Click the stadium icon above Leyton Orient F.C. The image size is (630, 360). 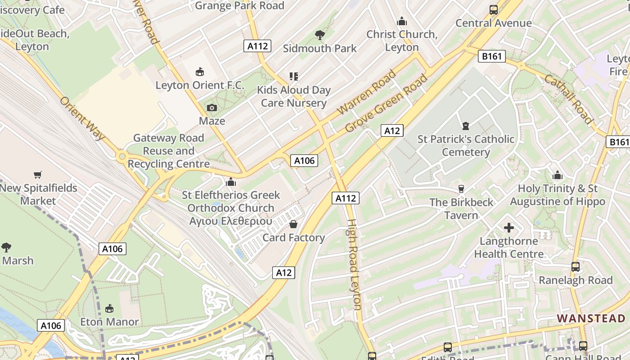[x=200, y=72]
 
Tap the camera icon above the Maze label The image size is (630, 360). [x=212, y=108]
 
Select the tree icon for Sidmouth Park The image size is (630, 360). [x=319, y=35]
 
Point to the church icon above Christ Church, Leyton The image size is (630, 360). [x=402, y=21]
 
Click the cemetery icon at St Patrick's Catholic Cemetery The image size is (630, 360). [x=466, y=126]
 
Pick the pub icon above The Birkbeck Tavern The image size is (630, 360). [x=461, y=189]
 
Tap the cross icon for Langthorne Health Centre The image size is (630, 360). [x=508, y=228]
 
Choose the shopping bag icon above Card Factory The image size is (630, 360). [x=293, y=224]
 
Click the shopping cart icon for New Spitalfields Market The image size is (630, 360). [x=38, y=175]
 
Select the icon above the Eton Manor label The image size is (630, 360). [x=109, y=308]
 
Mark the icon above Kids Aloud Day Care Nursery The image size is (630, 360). [x=294, y=76]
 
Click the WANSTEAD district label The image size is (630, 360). [x=591, y=319]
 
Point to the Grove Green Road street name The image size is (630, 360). [x=387, y=103]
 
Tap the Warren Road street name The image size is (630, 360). [x=367, y=92]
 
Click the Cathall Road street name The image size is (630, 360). [x=569, y=99]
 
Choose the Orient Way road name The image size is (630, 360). [x=82, y=118]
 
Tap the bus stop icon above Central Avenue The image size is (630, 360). [x=494, y=10]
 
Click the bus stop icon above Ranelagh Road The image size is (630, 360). [x=576, y=267]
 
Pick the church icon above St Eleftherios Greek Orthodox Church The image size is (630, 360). [x=231, y=182]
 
